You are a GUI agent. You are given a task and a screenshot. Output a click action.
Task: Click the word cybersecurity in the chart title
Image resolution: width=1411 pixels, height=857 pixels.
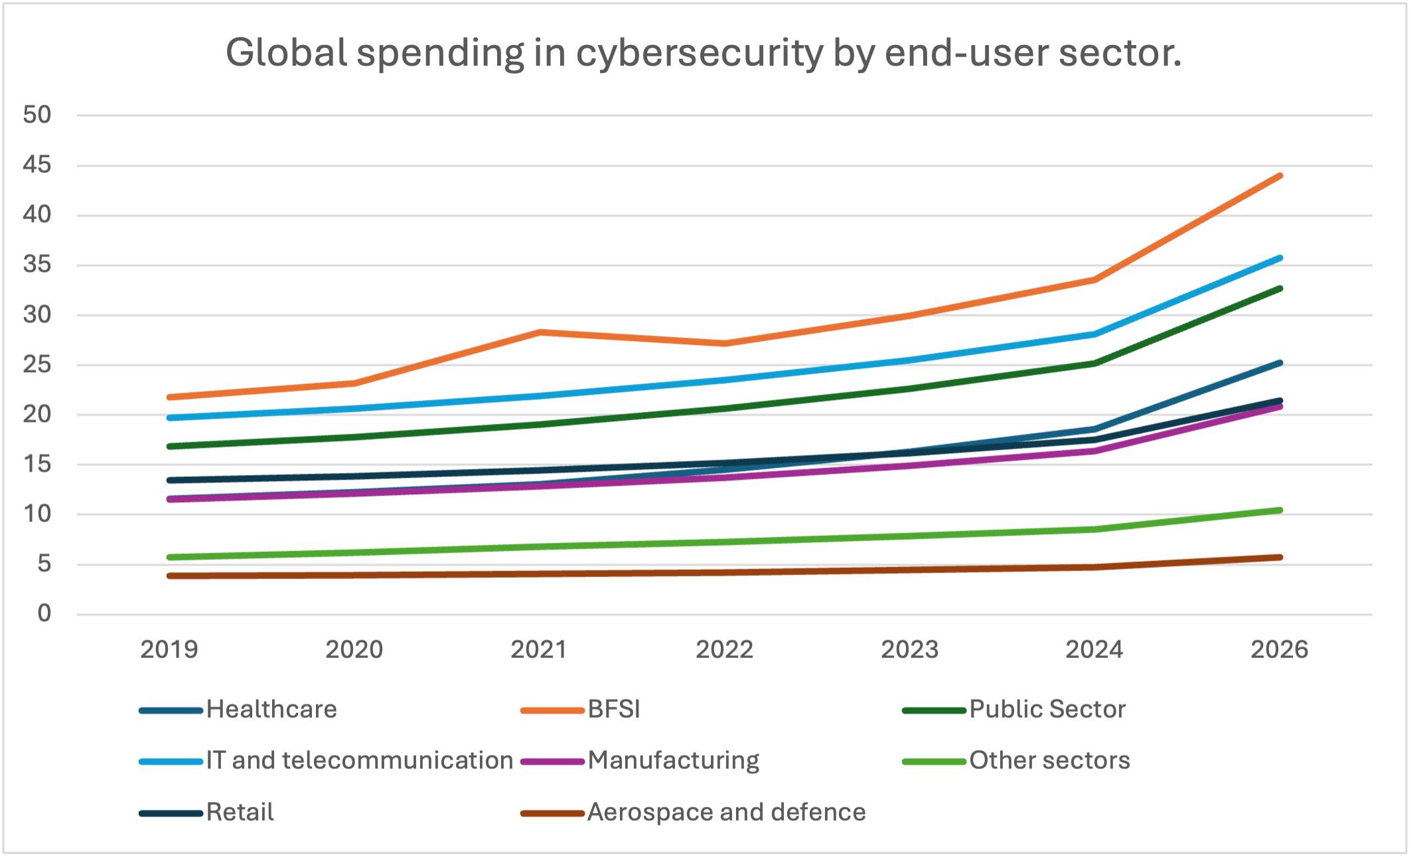700,53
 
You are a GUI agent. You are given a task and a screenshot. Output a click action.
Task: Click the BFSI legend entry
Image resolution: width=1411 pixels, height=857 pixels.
613,710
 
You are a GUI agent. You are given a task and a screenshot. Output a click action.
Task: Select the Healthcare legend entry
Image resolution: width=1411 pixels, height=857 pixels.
271,710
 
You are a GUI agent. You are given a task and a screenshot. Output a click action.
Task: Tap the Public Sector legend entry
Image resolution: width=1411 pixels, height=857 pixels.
1047,710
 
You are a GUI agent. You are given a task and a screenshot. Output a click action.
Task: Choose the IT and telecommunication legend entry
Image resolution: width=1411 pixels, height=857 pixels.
359,761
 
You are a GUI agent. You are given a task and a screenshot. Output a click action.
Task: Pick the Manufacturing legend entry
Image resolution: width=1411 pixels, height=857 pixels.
673,761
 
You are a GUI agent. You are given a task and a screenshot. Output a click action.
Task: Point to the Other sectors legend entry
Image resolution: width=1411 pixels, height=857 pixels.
1049,761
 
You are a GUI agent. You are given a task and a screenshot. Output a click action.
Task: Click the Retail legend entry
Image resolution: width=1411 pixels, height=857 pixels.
240,813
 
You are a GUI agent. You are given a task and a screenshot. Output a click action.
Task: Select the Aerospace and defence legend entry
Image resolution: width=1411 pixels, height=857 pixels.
726,813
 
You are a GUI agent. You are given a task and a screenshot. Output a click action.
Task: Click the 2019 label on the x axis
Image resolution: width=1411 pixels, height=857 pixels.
169,649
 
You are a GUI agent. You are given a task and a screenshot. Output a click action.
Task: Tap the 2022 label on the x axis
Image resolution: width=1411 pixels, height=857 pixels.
724,649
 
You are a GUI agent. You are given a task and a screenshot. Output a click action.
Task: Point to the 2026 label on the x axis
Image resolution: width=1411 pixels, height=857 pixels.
1279,649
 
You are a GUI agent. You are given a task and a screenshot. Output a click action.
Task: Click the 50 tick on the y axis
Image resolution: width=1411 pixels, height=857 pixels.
37,115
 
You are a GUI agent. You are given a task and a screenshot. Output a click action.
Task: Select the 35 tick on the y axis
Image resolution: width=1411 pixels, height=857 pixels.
37,265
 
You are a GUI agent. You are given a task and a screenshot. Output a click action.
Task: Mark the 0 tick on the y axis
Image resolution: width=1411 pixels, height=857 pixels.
44,614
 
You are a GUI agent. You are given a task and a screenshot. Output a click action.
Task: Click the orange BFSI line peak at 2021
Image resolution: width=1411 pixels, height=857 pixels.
540,332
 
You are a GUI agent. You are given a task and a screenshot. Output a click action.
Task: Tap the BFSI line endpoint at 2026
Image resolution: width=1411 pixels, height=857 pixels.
1280,176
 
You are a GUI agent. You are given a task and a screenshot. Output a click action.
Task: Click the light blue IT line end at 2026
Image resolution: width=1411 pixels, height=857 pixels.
1280,258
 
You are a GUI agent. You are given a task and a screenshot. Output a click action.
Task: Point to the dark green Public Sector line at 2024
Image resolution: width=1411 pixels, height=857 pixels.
1094,363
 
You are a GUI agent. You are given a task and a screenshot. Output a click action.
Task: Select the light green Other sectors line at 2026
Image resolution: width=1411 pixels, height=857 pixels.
1280,510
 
